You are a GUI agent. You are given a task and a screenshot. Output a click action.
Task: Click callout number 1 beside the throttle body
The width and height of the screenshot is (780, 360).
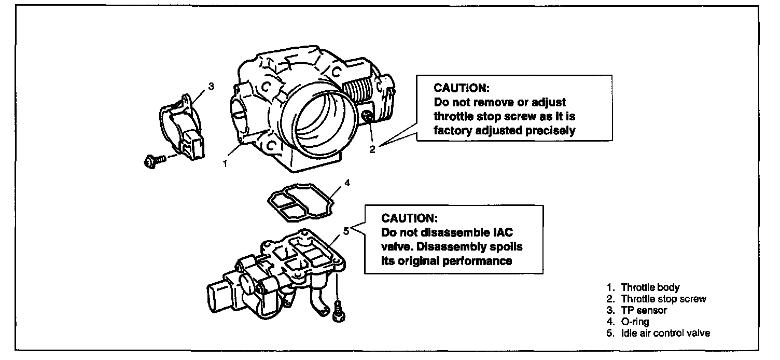click(225, 163)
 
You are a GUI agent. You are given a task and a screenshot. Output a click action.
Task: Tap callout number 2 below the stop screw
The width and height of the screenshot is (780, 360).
click(372, 150)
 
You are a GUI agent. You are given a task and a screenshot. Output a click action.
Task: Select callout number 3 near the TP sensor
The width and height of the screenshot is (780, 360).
click(212, 86)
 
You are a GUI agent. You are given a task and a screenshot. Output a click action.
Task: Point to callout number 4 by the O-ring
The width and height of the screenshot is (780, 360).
click(347, 183)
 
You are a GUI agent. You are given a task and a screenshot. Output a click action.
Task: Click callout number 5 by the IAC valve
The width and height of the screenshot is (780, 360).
click(346, 231)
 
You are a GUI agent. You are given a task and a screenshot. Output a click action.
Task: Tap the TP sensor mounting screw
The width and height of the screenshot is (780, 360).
click(155, 161)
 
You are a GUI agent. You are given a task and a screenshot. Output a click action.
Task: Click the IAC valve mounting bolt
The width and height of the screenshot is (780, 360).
click(338, 312)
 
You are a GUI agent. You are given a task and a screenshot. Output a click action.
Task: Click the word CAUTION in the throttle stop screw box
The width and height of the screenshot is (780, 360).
click(462, 88)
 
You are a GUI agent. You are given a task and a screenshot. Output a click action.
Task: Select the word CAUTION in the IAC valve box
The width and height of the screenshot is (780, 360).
click(409, 218)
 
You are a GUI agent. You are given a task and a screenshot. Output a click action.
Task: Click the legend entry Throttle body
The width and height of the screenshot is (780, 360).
click(650, 287)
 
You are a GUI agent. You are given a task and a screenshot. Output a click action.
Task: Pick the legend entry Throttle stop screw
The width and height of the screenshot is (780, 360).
click(663, 299)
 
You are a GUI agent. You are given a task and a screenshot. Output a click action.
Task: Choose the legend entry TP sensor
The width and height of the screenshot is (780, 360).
click(644, 310)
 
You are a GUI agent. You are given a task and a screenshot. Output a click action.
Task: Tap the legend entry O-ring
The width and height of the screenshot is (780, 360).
click(635, 322)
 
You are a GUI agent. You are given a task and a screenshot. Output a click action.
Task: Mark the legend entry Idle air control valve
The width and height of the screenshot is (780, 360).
click(665, 333)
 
